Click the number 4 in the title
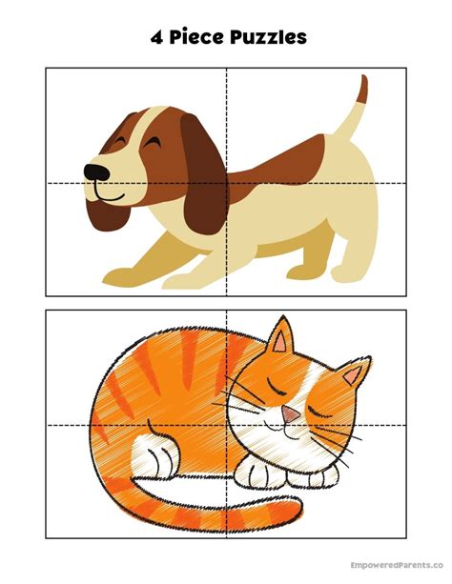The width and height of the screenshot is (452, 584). click(x=155, y=37)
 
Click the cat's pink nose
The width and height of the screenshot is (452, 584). click(x=288, y=413)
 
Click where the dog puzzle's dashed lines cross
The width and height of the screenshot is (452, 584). click(x=226, y=183)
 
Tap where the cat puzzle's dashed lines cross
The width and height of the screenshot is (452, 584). click(x=226, y=425)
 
